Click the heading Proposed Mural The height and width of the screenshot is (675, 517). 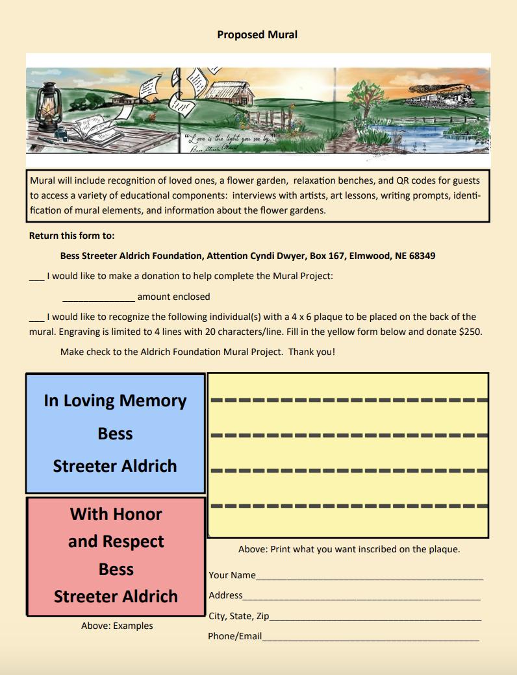pyautogui.click(x=257, y=34)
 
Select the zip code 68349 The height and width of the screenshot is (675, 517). pyautogui.click(x=419, y=256)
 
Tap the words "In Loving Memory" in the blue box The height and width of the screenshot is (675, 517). pyautogui.click(x=115, y=400)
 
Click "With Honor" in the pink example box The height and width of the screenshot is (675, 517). pyautogui.click(x=116, y=514)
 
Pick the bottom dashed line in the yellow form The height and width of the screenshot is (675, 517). pyautogui.click(x=348, y=505)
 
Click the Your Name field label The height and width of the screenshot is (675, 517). pyautogui.click(x=232, y=575)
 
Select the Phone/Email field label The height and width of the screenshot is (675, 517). pyautogui.click(x=234, y=636)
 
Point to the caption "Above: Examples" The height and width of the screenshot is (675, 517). pyautogui.click(x=117, y=626)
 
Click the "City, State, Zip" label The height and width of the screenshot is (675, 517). pyautogui.click(x=238, y=616)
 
